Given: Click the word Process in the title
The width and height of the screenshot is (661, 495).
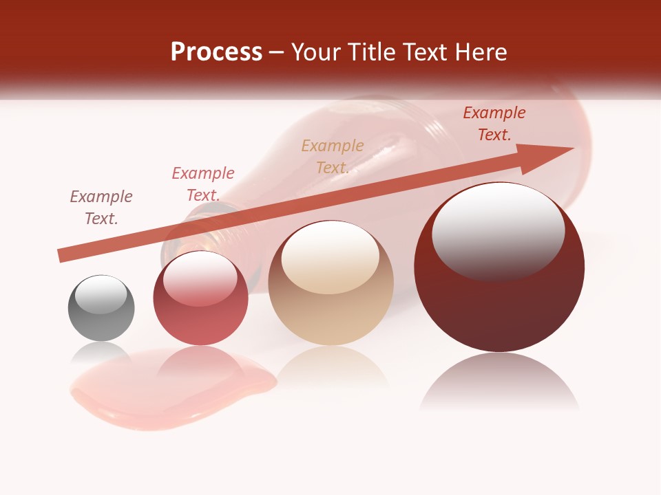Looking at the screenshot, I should point(216,52).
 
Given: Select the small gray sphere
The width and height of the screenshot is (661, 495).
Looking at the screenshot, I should point(101,308).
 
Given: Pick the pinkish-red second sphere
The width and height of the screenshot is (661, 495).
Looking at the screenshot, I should point(200,298).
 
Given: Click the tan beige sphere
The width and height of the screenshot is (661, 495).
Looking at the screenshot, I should point(330,283).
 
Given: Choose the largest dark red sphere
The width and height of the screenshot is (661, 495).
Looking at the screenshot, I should point(499,267).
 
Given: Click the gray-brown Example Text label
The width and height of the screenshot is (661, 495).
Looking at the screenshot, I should point(101,208).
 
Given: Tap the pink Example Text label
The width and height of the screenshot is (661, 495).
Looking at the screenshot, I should point(203,184).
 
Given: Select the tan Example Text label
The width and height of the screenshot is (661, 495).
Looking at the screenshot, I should point(333,157).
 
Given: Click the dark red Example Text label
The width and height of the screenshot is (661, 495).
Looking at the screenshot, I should point(494,124).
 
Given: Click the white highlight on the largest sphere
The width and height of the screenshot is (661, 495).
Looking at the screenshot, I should point(498,232).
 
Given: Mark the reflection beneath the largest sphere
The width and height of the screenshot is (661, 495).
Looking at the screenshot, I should point(499,382).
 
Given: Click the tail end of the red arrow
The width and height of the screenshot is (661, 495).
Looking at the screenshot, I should point(62,256).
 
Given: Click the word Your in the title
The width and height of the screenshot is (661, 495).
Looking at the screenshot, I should point(316,52).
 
